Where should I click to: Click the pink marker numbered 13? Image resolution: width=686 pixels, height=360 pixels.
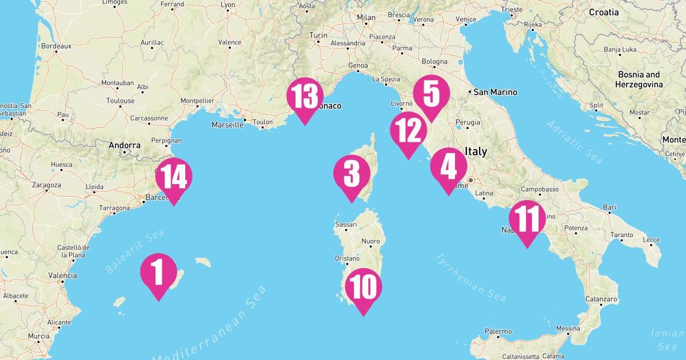pyautogui.click(x=305, y=95)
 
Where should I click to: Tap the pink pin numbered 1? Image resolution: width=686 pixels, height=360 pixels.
pyautogui.click(x=158, y=271)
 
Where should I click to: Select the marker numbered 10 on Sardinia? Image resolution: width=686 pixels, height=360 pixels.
pyautogui.click(x=363, y=287)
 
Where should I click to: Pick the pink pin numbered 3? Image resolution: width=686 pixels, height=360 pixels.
pyautogui.click(x=352, y=174)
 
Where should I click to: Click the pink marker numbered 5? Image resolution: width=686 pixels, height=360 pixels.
pyautogui.click(x=431, y=94)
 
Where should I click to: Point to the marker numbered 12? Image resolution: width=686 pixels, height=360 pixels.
pyautogui.click(x=409, y=130)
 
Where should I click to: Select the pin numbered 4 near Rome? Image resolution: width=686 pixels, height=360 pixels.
pyautogui.click(x=448, y=166)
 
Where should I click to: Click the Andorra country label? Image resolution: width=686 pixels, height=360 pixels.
pyautogui.click(x=125, y=145)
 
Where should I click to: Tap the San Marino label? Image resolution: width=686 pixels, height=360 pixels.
pyautogui.click(x=495, y=92)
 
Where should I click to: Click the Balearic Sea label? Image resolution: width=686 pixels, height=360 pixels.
pyautogui.click(x=134, y=251)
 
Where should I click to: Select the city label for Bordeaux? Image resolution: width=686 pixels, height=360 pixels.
pyautogui.click(x=55, y=46)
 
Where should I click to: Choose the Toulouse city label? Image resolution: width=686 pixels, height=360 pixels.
pyautogui.click(x=120, y=101)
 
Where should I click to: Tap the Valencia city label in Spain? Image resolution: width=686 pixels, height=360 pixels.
pyautogui.click(x=62, y=275)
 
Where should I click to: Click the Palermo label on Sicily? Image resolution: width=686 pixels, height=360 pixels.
pyautogui.click(x=498, y=331)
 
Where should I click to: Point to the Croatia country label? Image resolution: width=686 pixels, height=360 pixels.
pyautogui.click(x=604, y=12)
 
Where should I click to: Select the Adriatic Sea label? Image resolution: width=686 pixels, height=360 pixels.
pyautogui.click(x=574, y=142)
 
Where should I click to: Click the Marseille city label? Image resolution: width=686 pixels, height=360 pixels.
pyautogui.click(x=227, y=125)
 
